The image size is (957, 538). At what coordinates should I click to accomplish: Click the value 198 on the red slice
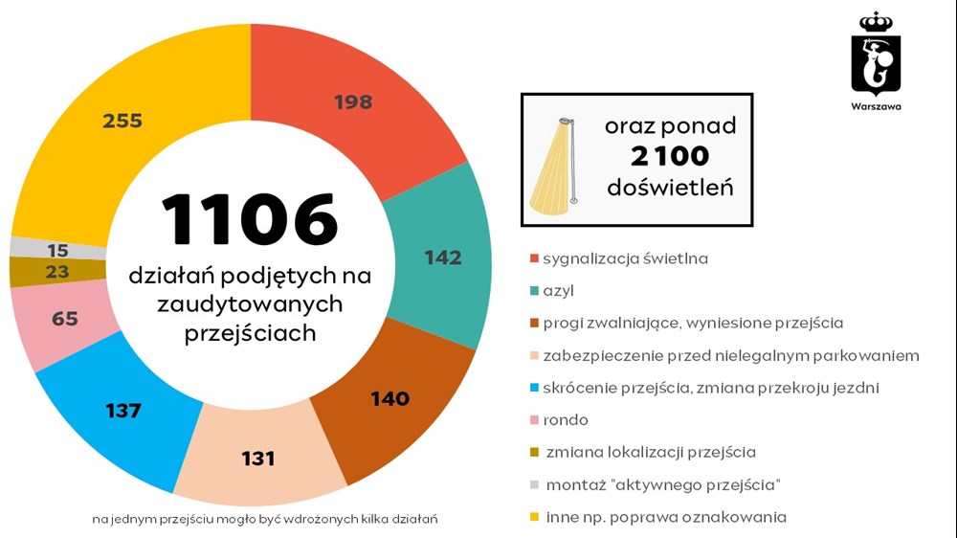tap(353, 102)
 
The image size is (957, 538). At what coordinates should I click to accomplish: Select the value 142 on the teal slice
tap(442, 258)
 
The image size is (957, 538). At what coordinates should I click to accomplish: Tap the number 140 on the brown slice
tap(389, 398)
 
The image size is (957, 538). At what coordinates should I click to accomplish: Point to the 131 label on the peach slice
tap(258, 459)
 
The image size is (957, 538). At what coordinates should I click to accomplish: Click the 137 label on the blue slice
tap(123, 411)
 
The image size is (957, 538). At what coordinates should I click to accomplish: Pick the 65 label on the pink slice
tap(65, 319)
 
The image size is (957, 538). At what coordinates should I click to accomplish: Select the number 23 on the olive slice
tap(57, 272)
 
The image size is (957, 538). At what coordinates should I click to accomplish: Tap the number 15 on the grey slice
tap(57, 250)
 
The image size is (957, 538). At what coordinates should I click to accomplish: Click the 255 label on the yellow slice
tap(122, 121)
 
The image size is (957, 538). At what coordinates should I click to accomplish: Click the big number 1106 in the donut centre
tap(250, 219)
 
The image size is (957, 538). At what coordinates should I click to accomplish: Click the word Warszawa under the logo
tap(876, 106)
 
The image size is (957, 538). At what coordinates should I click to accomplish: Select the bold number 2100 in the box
tap(670, 156)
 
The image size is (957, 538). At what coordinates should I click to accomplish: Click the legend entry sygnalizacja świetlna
tap(625, 258)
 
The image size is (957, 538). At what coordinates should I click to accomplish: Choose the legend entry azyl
tap(558, 290)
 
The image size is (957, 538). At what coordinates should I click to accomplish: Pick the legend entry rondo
tap(565, 420)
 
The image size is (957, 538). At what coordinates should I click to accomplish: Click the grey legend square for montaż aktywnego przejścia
tap(532, 485)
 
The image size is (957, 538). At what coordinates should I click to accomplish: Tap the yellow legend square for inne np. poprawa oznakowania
tap(532, 518)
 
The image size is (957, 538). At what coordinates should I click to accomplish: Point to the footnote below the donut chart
tap(265, 519)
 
